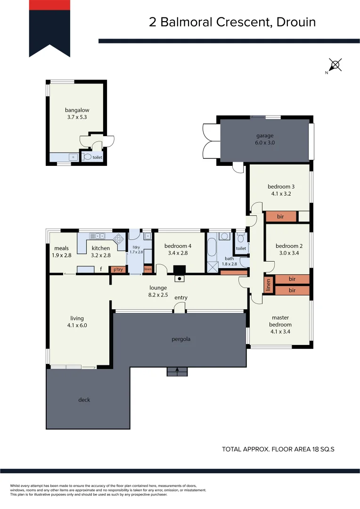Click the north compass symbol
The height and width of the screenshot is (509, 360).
click(x=335, y=65)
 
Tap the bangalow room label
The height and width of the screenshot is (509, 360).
click(x=77, y=110)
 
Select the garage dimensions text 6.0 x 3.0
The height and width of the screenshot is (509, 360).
click(x=264, y=142)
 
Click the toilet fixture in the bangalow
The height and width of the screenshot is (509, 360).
click(x=87, y=157)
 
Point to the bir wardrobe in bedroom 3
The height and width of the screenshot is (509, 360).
click(x=280, y=216)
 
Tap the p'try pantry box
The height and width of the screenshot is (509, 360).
click(x=117, y=270)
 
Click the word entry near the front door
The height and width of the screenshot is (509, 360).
click(x=181, y=297)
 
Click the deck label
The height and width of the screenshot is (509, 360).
click(x=84, y=400)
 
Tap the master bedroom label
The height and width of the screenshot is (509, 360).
click(x=280, y=321)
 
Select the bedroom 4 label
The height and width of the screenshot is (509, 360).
click(x=178, y=246)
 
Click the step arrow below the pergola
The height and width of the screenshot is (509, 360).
click(x=177, y=371)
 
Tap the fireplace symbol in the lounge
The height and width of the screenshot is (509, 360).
click(x=180, y=279)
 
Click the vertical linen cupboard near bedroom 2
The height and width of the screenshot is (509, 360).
click(x=269, y=285)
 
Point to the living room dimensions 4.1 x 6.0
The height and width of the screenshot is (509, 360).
click(x=77, y=325)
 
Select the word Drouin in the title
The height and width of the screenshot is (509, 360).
click(x=296, y=22)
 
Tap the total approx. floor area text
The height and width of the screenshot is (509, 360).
click(x=278, y=449)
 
